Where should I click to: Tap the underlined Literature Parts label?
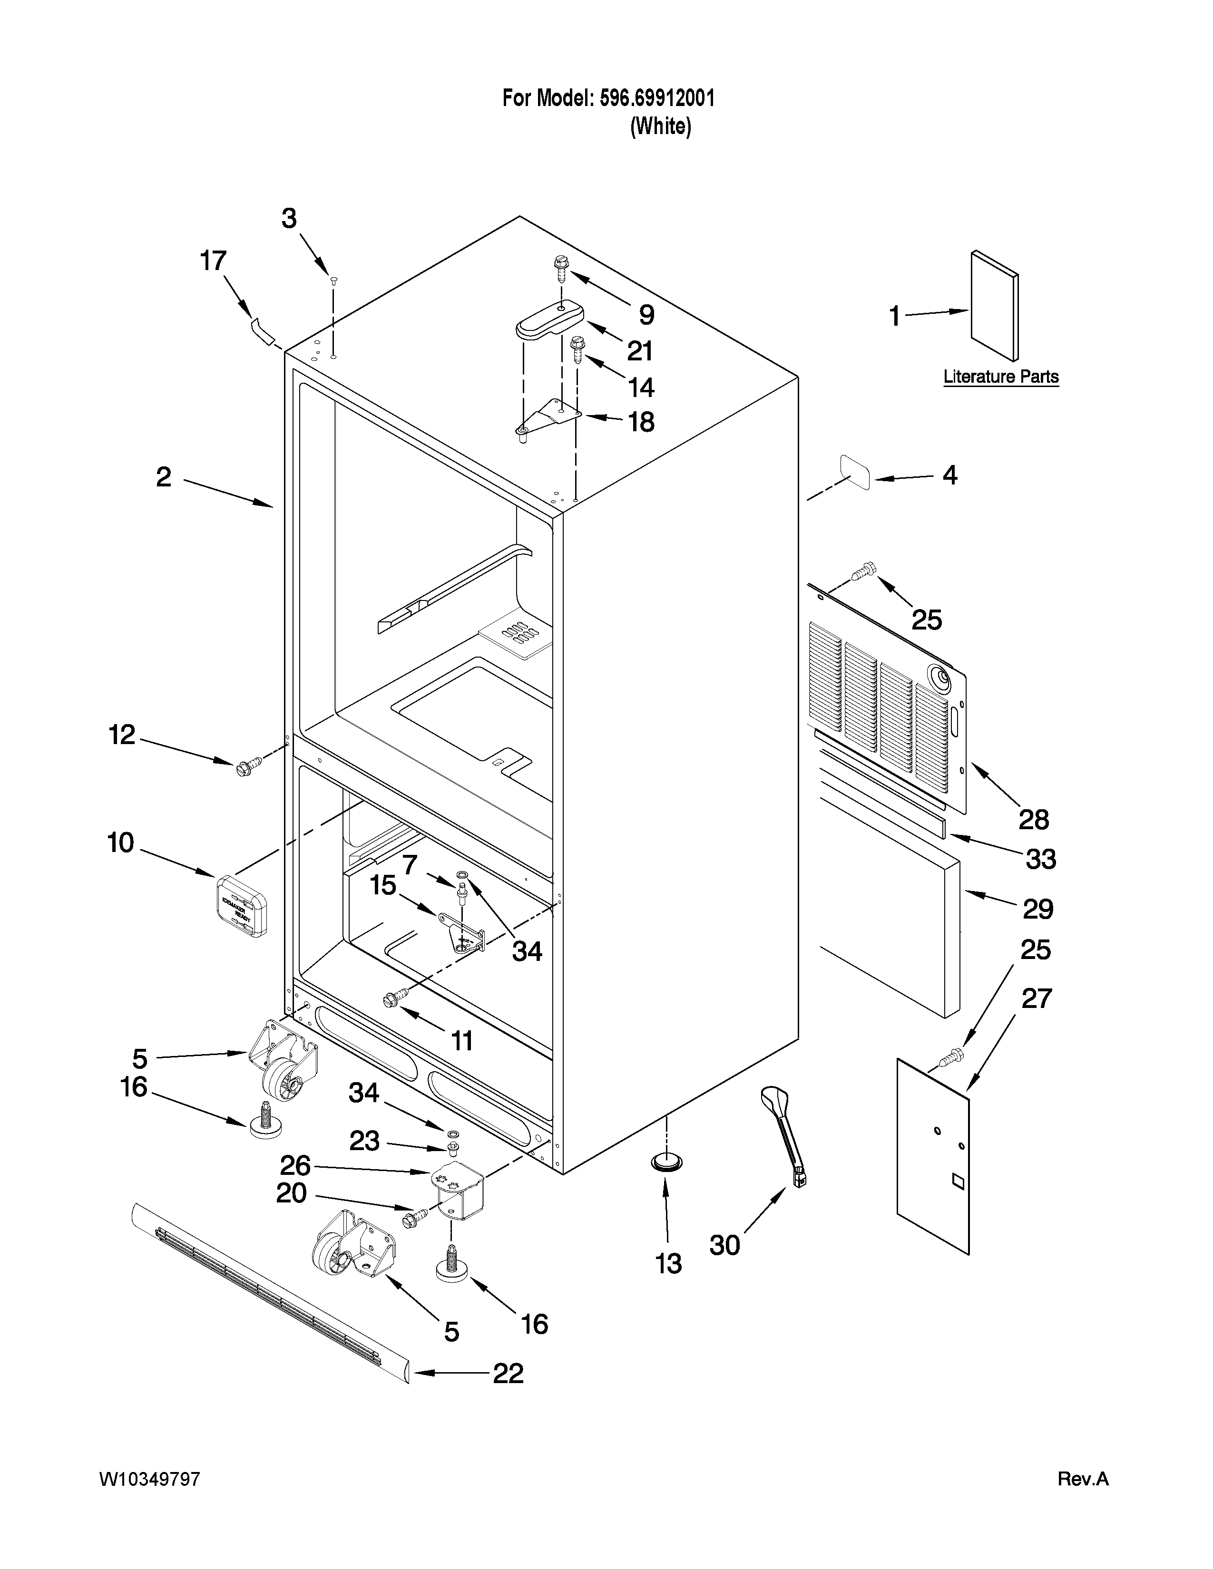(1000, 377)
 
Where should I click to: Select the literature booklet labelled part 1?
(994, 305)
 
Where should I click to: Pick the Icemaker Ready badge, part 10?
(242, 905)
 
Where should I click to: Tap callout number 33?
(1040, 859)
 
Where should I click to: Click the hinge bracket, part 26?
(461, 1191)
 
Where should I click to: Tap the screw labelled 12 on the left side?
(245, 768)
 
